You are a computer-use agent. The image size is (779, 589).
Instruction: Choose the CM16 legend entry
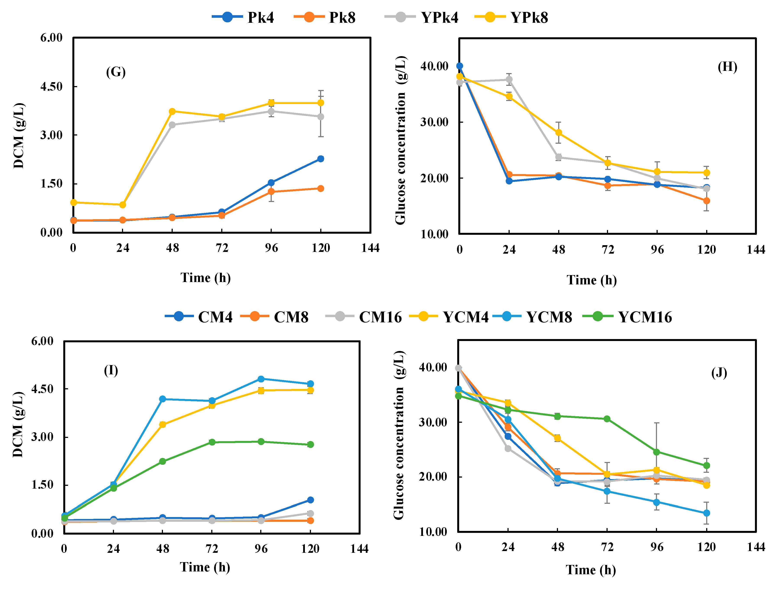(x=364, y=317)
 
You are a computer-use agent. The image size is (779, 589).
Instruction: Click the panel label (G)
(x=116, y=72)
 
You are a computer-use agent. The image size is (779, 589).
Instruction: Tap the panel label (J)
(x=719, y=372)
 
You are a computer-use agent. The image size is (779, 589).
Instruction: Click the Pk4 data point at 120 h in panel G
(x=320, y=159)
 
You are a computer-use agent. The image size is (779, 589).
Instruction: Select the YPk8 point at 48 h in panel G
(x=172, y=111)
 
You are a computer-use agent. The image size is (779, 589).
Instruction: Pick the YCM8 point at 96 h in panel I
(x=261, y=379)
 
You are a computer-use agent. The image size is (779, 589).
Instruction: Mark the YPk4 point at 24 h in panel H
(x=509, y=80)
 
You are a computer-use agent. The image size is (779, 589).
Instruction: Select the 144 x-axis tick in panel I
(x=359, y=548)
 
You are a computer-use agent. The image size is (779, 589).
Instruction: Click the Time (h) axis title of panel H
(x=592, y=280)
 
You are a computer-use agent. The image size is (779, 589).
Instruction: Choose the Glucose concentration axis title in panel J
(x=399, y=435)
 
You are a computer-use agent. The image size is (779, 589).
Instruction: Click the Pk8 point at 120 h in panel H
(x=706, y=201)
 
